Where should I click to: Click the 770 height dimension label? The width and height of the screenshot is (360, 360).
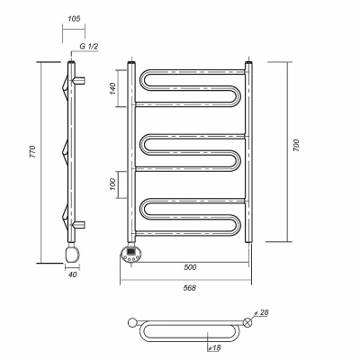32,152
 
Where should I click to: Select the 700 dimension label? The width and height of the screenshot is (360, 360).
296,145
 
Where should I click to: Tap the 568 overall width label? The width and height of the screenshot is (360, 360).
190,288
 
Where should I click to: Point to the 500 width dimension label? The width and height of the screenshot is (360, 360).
190,267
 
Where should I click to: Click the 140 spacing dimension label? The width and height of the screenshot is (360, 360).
112,88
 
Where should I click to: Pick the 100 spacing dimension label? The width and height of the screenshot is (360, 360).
112,184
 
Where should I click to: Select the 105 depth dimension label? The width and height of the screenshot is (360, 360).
74,19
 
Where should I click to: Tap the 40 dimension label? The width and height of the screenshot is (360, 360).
73,274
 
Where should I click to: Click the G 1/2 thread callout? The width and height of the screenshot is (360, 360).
89,47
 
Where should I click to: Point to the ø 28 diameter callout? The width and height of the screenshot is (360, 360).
260,313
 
